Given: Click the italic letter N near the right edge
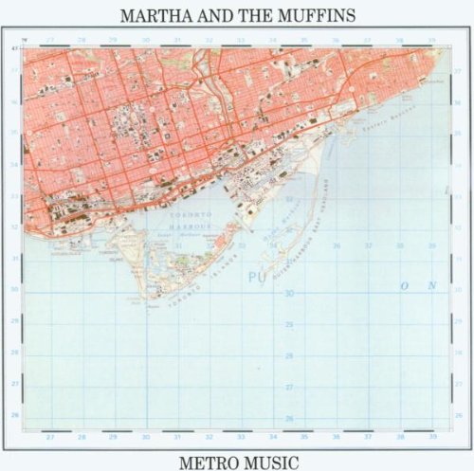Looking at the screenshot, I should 432,284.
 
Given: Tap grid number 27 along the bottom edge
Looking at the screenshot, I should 49,438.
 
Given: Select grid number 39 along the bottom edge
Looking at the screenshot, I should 432,438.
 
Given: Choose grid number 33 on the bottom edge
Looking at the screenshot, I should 241,438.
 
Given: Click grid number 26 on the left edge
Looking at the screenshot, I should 13,415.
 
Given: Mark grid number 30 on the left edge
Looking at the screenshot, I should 13,290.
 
